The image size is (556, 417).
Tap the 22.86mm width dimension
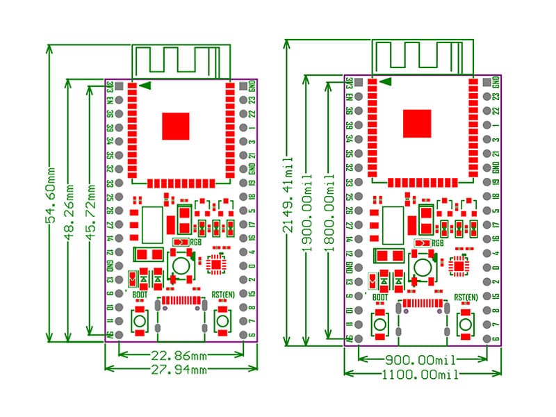(x=179, y=356)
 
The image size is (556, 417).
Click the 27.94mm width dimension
(x=179, y=370)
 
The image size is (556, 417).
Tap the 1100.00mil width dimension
(x=422, y=375)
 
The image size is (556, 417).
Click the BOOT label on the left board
(x=139, y=294)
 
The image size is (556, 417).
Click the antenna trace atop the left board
(x=181, y=61)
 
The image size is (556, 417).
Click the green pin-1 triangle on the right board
(x=386, y=81)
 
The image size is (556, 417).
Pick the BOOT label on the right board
(x=379, y=297)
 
